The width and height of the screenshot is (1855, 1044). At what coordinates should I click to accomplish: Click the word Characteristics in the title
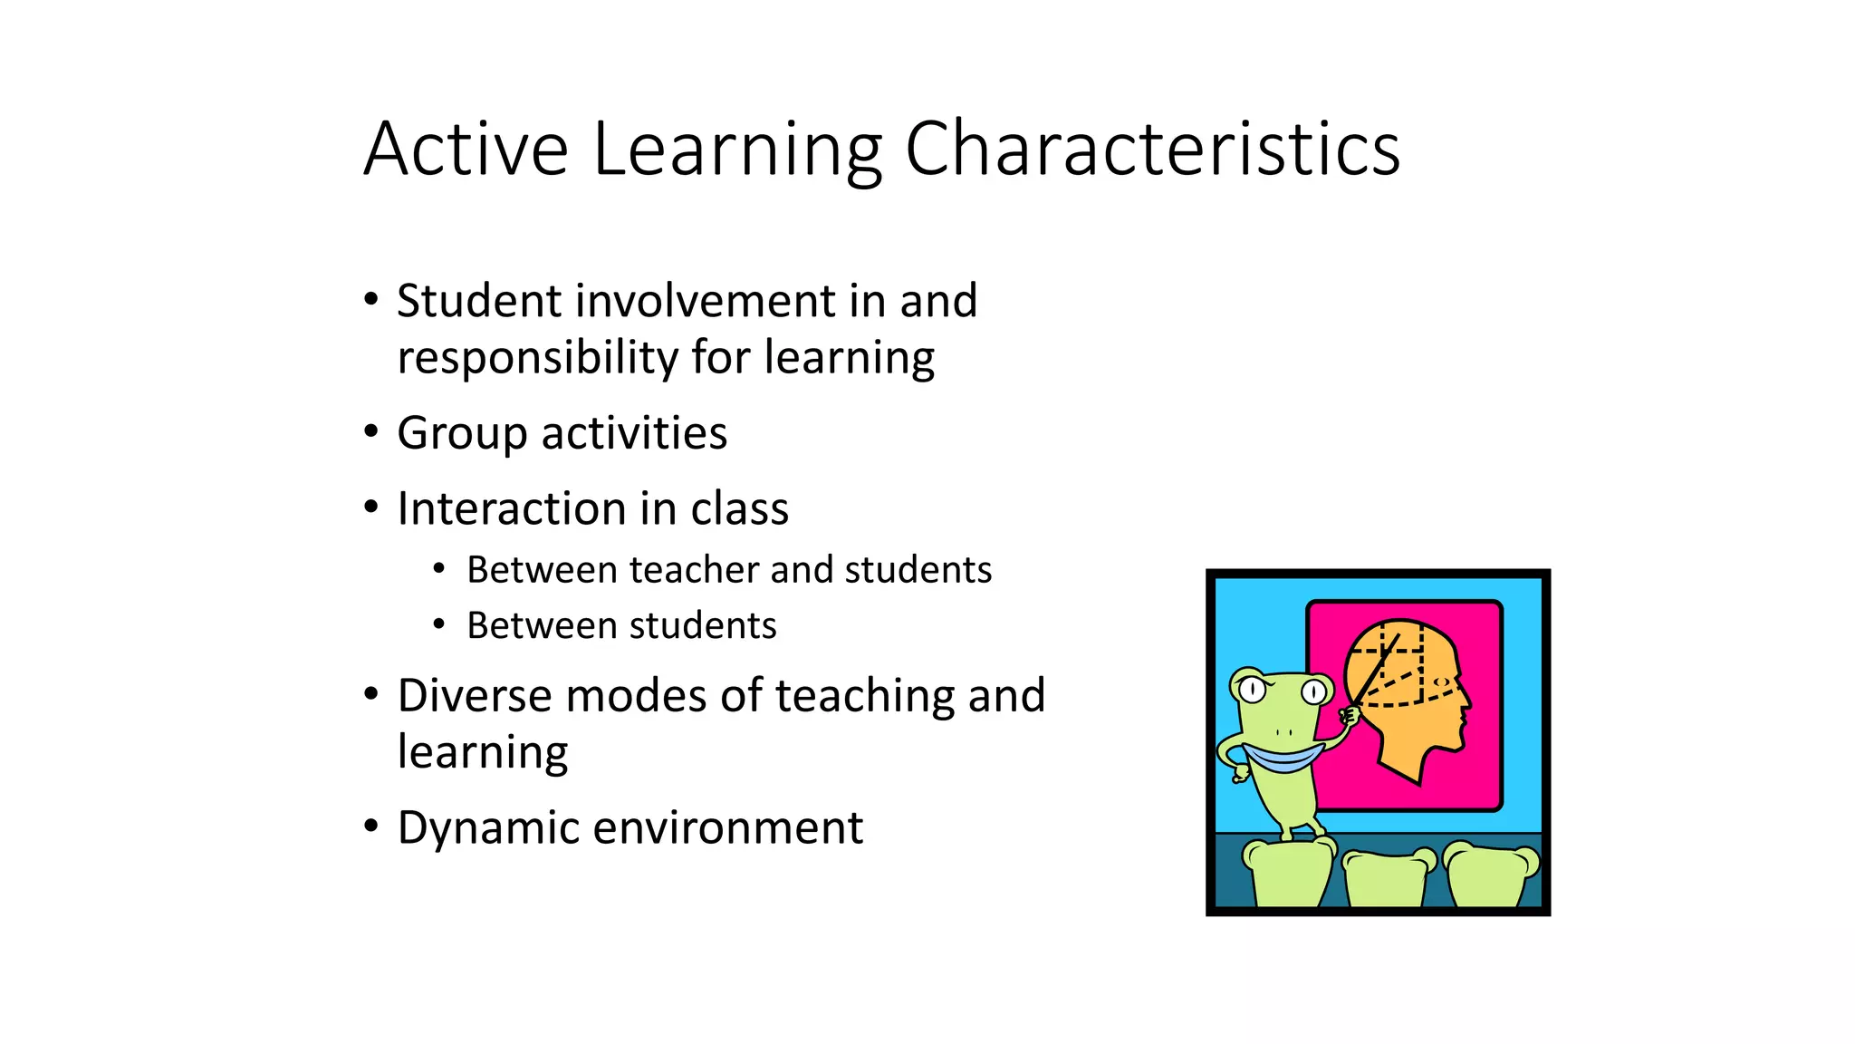coord(1152,149)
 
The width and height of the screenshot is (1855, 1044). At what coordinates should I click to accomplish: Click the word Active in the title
coord(466,149)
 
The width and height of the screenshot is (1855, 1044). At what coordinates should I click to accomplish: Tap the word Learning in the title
coord(737,150)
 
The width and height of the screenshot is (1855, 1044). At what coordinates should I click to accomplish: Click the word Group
coord(461,434)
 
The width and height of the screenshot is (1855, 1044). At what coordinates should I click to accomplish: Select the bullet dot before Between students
coord(439,624)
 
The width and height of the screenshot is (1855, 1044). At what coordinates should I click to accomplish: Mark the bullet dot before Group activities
coord(370,432)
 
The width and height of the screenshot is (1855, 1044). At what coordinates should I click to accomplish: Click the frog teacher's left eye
coord(1252,690)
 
